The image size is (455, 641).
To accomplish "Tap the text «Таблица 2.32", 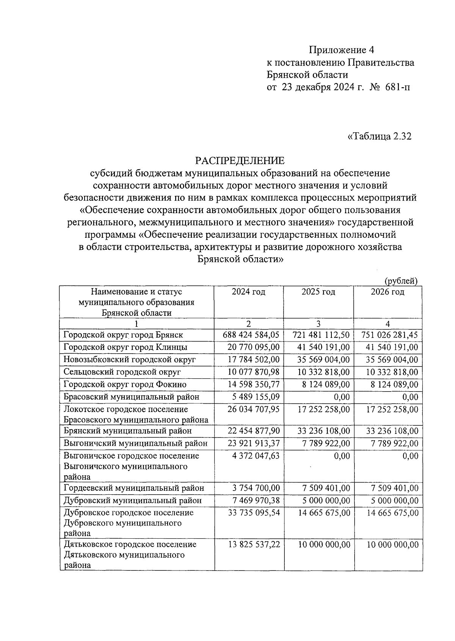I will [379, 136].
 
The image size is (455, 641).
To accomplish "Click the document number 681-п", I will [397, 88].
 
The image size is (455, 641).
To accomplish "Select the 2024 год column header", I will [249, 292].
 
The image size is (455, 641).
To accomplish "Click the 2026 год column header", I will [388, 292].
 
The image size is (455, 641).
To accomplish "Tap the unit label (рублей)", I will [401, 281].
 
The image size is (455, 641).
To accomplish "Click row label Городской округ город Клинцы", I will [125, 347].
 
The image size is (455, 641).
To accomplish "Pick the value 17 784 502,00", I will [253, 360].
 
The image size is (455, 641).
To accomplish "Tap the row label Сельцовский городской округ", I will [122, 372].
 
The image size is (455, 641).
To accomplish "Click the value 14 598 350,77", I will [253, 384].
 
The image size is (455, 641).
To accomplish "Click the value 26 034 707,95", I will [253, 409].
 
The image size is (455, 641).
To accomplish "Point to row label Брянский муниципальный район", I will [128, 431].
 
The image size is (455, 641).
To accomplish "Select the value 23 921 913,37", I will [253, 444].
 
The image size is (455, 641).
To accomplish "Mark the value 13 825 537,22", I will [253, 545].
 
